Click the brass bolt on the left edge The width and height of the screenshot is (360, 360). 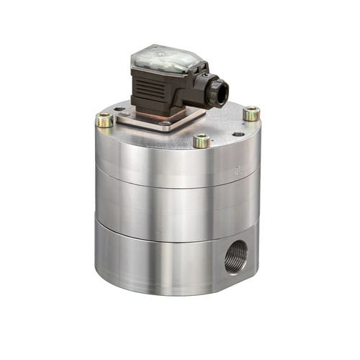[104, 120]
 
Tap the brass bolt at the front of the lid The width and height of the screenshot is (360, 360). [202, 140]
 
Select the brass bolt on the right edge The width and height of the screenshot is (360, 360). [251, 113]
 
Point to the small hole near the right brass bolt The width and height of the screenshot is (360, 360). [238, 134]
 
